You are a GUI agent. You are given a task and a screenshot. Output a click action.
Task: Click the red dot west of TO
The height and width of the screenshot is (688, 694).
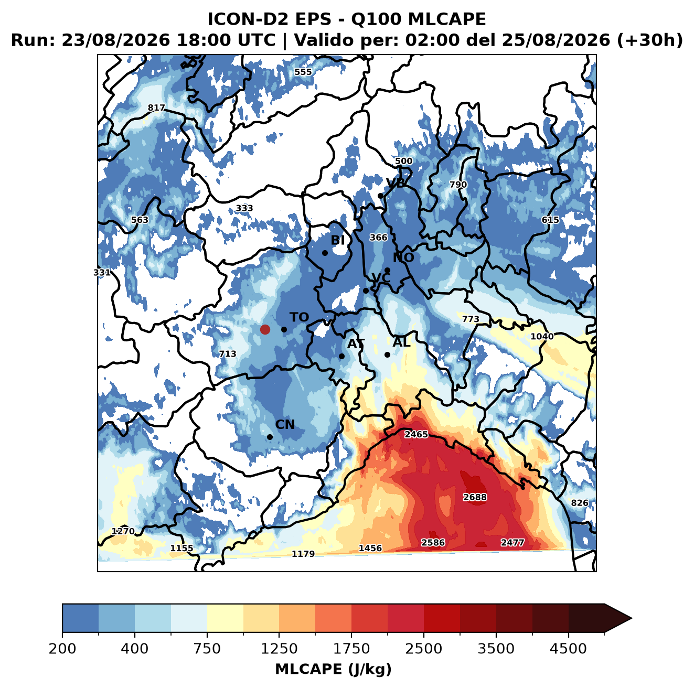(x=265, y=329)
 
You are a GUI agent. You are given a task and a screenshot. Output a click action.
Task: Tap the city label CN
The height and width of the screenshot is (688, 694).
(x=285, y=425)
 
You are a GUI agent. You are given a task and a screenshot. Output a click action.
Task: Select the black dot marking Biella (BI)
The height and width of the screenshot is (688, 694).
(x=325, y=253)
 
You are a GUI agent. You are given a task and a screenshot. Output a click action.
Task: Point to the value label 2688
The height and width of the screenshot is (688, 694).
(x=475, y=497)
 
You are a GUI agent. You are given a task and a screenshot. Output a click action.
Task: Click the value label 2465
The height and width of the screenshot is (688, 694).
(x=417, y=435)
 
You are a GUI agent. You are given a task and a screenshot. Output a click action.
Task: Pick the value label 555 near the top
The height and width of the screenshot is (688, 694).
(x=303, y=72)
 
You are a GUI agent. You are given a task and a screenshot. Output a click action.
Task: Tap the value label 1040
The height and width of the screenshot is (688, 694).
(x=542, y=336)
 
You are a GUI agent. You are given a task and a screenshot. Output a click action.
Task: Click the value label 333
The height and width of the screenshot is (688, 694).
(x=244, y=208)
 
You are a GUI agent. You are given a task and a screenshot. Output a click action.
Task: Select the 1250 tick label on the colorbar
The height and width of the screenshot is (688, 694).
(x=279, y=649)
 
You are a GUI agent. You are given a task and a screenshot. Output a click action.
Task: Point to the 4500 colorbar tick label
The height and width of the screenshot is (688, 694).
(x=568, y=649)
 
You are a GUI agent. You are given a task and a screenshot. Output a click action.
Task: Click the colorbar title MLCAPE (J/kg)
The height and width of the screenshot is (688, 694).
(x=333, y=669)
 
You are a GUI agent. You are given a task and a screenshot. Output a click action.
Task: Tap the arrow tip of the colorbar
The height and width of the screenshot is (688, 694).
(x=632, y=619)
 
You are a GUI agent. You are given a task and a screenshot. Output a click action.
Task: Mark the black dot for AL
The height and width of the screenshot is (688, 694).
(x=387, y=354)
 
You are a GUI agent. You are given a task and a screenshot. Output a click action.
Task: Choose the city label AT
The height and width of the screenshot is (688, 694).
(x=356, y=344)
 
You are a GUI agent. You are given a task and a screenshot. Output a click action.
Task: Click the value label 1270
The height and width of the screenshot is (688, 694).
(x=123, y=531)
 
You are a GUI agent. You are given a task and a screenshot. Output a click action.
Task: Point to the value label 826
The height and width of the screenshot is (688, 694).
(x=580, y=503)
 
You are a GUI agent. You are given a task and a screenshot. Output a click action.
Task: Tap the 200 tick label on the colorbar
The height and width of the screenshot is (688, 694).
(x=62, y=649)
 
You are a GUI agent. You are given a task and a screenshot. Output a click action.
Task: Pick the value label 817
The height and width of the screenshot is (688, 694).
(x=156, y=108)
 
